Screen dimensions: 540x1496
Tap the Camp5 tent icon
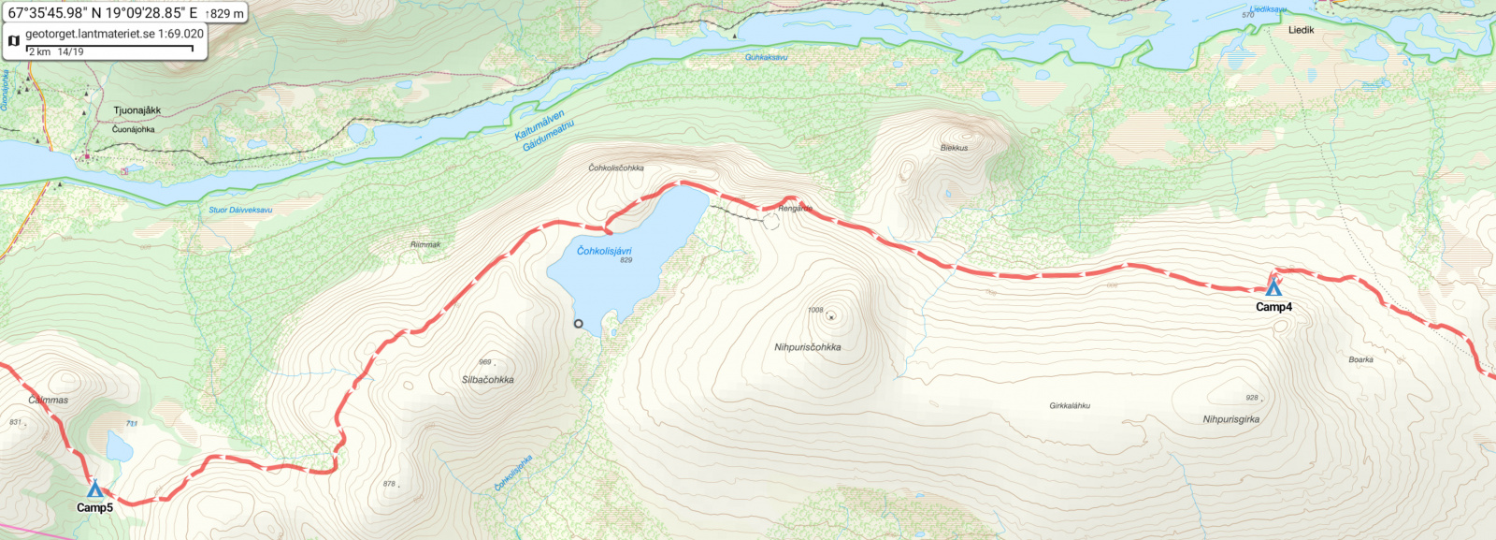point(94,489)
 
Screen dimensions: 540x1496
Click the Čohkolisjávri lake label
point(604,251)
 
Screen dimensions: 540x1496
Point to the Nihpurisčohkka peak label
point(807,347)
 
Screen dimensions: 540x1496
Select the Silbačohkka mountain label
point(487,380)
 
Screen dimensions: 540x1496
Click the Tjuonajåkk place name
point(137,110)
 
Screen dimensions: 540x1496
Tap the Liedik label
point(1301,30)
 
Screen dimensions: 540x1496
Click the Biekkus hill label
point(954,148)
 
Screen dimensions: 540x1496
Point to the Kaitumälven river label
point(539,125)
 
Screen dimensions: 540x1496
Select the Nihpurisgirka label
point(1230,419)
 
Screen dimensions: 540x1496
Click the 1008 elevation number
point(815,310)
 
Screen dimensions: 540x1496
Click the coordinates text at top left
point(103,13)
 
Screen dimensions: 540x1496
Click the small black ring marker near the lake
point(578,324)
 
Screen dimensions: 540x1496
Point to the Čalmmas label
point(48,400)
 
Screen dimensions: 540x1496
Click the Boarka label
point(1360,359)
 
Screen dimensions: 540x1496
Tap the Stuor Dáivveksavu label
point(240,210)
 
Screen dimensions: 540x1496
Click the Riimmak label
point(425,244)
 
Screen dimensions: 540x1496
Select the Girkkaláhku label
point(1070,406)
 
